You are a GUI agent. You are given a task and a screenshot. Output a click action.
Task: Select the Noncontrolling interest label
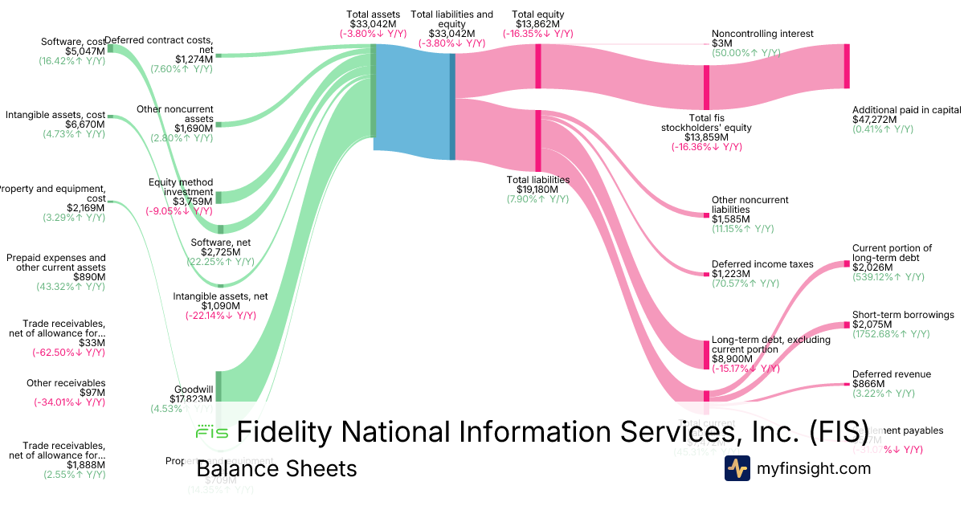click(762, 34)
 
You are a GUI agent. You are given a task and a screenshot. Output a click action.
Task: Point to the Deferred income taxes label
click(762, 263)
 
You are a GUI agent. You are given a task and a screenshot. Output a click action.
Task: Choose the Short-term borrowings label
click(903, 315)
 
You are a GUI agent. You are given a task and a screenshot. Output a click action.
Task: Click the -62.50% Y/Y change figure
click(68, 352)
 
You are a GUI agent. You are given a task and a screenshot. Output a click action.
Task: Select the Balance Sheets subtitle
click(276, 468)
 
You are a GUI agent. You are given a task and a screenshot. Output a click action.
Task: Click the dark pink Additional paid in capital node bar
click(846, 65)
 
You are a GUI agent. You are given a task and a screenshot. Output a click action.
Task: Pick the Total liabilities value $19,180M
click(537, 190)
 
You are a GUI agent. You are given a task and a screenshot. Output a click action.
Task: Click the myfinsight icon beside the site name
click(737, 468)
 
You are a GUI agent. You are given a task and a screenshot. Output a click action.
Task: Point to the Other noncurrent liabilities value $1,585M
click(731, 218)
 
